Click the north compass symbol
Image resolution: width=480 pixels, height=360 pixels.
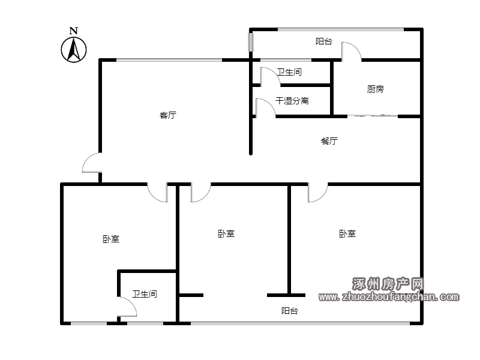click(73, 50)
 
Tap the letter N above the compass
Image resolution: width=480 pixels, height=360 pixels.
click(73, 31)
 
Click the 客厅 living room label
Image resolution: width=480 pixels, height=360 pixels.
click(168, 115)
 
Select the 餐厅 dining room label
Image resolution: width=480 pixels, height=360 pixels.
click(329, 141)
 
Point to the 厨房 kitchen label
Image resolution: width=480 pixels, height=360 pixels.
click(376, 89)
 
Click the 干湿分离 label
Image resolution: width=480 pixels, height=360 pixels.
click(292, 101)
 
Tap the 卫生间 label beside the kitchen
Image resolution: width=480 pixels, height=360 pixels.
click(289, 72)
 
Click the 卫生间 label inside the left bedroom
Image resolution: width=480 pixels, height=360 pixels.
click(145, 294)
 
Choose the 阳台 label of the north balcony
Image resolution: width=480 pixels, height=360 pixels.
click(324, 41)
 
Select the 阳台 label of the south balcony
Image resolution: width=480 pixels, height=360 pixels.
click(290, 311)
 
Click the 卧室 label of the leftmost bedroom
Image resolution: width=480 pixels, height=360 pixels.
click(111, 239)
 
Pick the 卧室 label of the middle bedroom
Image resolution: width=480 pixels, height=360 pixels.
click(226, 234)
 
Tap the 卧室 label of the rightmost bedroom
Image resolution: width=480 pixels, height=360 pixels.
click(347, 234)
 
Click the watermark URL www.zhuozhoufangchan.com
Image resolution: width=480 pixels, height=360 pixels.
click(389, 296)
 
